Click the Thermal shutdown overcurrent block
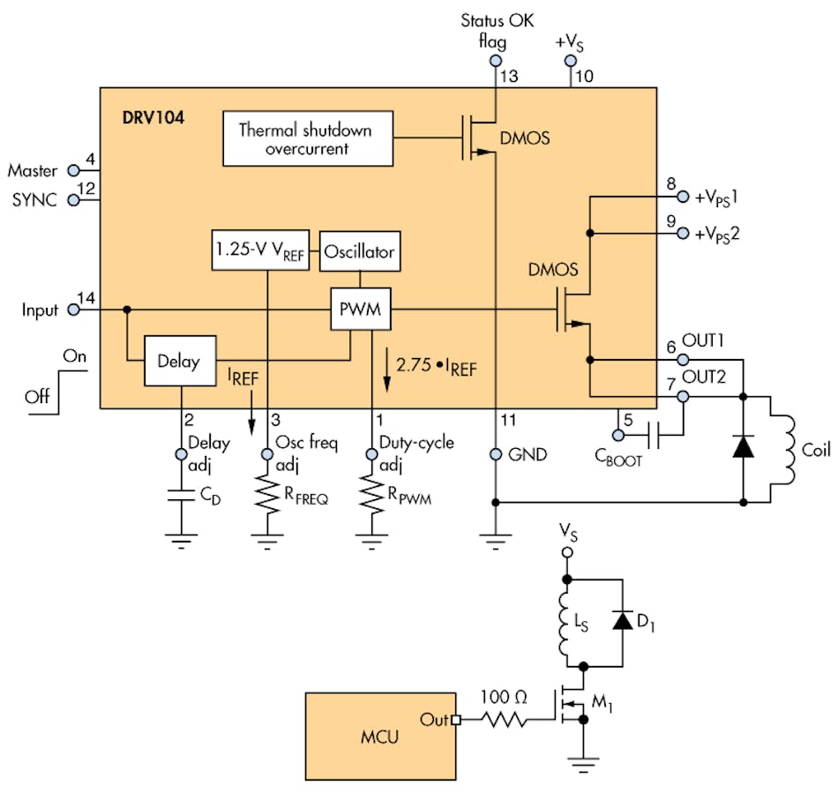(306, 139)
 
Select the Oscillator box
(359, 251)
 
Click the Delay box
(179, 360)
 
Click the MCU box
(380, 736)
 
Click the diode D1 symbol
(623, 621)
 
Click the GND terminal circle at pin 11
(495, 454)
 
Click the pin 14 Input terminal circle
(74, 310)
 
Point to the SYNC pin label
(34, 200)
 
